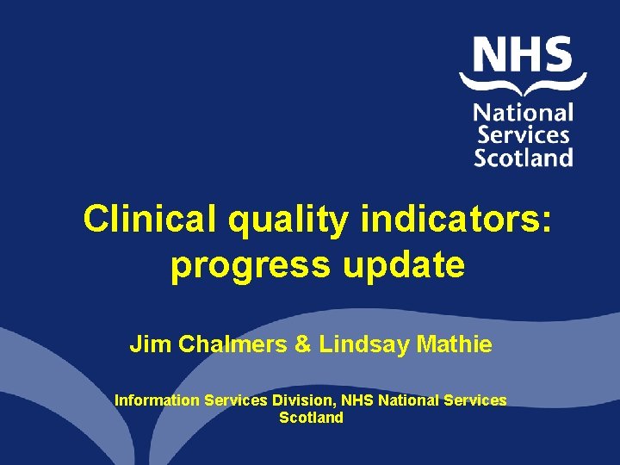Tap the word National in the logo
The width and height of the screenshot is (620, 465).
(524, 113)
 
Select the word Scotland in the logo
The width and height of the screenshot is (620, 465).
(524, 158)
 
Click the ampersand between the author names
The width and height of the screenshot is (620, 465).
(302, 345)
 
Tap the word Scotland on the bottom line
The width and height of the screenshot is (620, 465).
(311, 418)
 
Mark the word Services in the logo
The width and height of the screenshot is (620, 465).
(524, 135)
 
